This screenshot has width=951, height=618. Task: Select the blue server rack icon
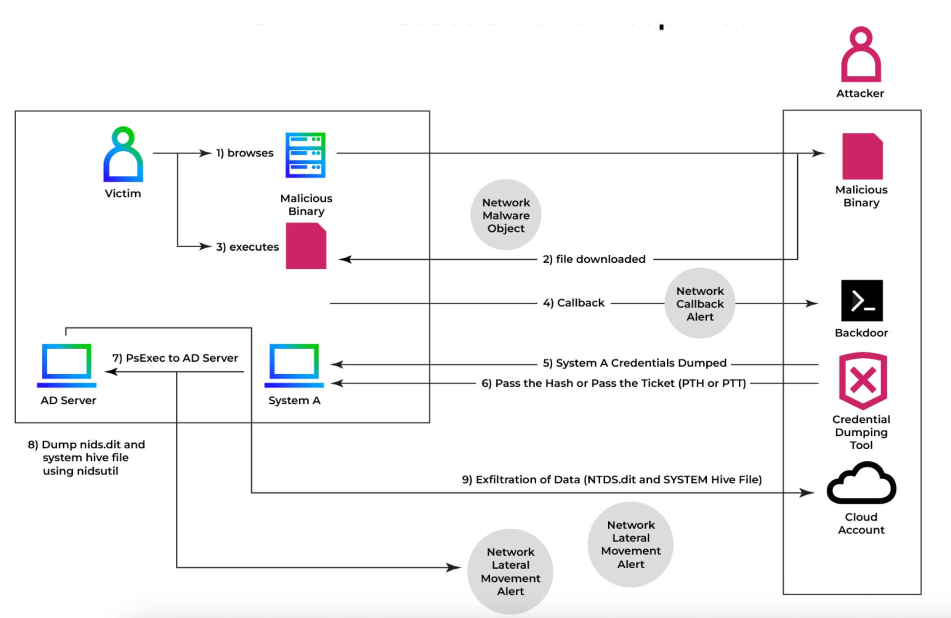coord(305,155)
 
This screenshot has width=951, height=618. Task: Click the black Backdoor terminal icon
coord(862,300)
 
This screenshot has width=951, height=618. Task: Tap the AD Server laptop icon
coord(66,365)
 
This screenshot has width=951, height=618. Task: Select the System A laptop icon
coord(294,365)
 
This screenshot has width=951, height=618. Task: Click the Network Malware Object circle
coord(506,215)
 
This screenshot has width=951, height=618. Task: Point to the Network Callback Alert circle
coord(700,304)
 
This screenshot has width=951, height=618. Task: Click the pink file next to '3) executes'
coord(306,246)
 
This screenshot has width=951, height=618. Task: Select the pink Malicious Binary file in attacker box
coord(862,156)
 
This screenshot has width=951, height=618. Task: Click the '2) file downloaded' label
coord(594,259)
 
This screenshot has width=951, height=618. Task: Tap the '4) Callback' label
coord(573,303)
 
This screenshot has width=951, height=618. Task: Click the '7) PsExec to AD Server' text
coord(175,358)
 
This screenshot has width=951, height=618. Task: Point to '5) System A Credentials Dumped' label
coord(634,363)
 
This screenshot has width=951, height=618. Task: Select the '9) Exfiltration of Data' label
coord(612,480)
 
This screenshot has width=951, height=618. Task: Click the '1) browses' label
coord(245,153)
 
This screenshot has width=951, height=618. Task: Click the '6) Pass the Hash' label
coord(613,384)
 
